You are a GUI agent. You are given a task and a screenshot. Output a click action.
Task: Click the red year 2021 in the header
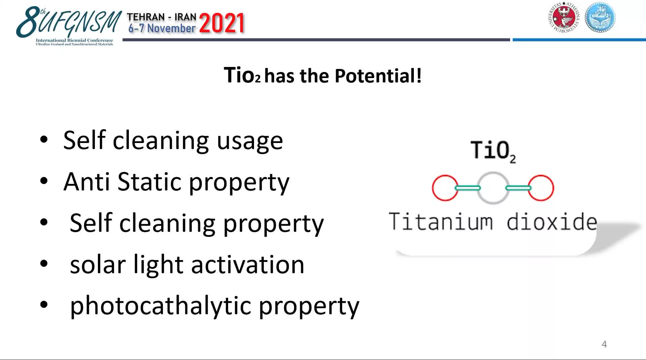click(x=221, y=24)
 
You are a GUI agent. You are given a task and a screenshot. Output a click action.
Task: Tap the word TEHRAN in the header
click(x=146, y=17)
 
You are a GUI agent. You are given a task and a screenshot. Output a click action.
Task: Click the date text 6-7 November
click(x=162, y=28)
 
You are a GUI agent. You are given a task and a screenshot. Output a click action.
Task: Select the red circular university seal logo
click(x=564, y=17)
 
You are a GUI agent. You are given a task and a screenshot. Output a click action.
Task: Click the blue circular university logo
click(x=600, y=17)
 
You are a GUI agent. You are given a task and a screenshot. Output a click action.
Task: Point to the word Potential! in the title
click(x=378, y=76)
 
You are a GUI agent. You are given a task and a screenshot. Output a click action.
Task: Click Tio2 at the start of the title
click(x=242, y=75)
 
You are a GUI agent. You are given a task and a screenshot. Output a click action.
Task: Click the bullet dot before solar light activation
click(x=44, y=263)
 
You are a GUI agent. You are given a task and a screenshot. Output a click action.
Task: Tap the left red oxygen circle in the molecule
click(x=445, y=188)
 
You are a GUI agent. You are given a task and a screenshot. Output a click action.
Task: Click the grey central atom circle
click(x=493, y=188)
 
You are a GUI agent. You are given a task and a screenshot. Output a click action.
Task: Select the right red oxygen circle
click(x=541, y=188)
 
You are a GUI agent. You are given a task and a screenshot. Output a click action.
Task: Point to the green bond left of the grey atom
click(x=468, y=188)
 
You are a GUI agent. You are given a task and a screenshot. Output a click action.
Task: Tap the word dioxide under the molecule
click(x=552, y=222)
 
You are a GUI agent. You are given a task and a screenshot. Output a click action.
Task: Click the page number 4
click(x=604, y=344)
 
